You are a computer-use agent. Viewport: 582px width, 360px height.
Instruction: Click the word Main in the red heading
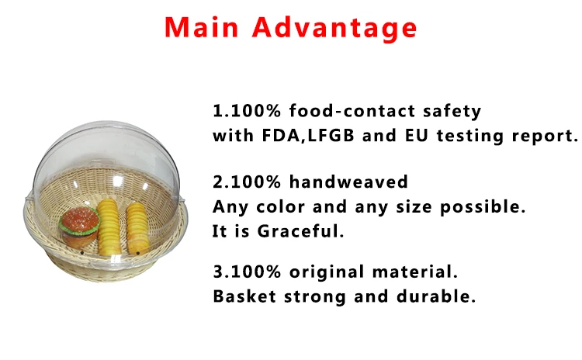click(201, 27)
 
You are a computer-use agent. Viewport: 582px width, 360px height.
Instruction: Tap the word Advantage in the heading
click(334, 28)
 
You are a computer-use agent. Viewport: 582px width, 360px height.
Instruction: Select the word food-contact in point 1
click(352, 111)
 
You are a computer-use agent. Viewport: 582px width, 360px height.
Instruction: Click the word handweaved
click(348, 182)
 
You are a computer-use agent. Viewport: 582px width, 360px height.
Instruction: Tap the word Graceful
click(300, 231)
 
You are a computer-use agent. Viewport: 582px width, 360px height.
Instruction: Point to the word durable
click(436, 296)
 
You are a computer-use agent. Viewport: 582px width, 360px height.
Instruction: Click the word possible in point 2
click(483, 206)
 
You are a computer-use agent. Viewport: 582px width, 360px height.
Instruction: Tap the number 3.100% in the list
click(247, 272)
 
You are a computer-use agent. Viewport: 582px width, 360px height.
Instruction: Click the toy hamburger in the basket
click(79, 227)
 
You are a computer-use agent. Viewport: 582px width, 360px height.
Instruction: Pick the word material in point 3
click(414, 272)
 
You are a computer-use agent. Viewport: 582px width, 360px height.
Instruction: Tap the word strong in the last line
click(315, 297)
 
